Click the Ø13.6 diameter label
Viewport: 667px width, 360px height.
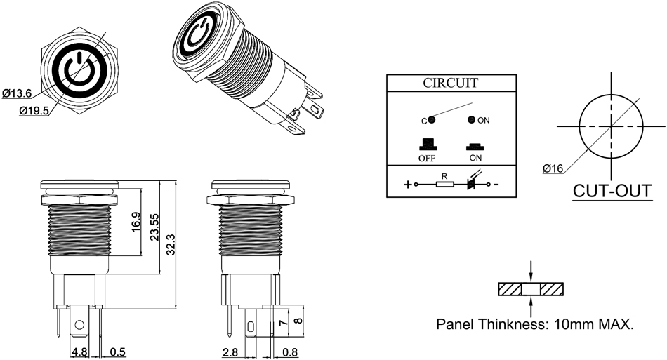coord(17,92)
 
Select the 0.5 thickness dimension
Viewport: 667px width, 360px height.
coord(117,352)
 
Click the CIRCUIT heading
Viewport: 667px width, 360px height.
coord(450,83)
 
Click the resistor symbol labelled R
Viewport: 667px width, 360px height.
coord(444,185)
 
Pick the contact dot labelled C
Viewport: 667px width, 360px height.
coord(432,119)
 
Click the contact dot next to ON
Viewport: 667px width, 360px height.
coord(470,119)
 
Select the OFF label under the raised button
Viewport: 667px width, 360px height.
coord(428,158)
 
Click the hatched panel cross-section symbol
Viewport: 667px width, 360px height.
coord(531,288)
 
